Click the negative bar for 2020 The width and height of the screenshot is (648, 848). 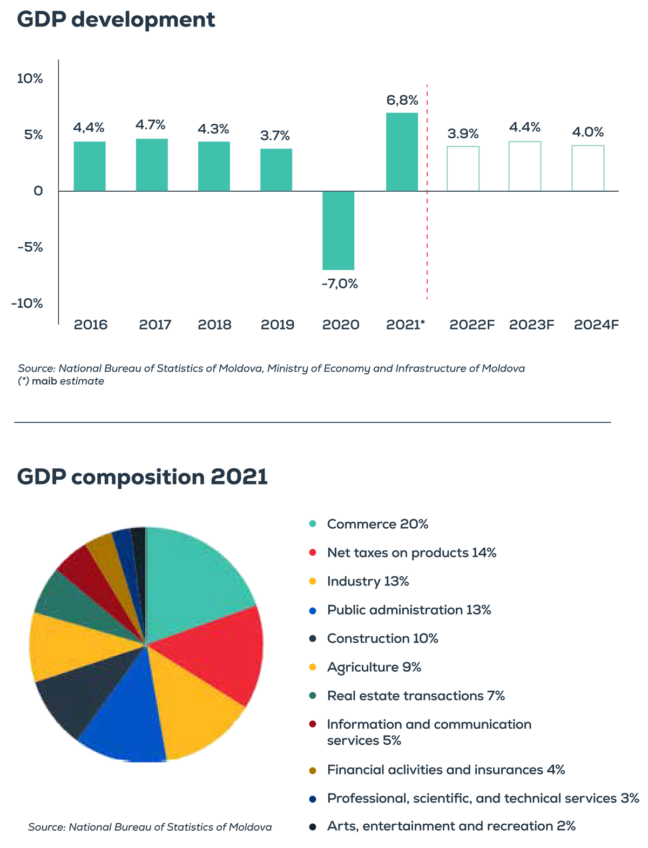(x=338, y=230)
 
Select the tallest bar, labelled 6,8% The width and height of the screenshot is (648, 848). (x=402, y=152)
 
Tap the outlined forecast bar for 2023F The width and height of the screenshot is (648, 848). (x=524, y=166)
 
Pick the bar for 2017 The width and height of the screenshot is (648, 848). (x=152, y=165)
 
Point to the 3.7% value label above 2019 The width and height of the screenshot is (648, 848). (x=274, y=136)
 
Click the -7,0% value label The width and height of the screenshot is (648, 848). (x=340, y=284)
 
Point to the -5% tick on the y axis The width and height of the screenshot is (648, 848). (x=30, y=247)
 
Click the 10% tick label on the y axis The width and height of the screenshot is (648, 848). (x=30, y=78)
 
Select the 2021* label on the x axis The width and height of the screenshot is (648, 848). (x=405, y=325)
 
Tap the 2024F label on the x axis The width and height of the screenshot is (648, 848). (x=596, y=325)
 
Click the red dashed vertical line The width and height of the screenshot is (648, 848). (x=427, y=192)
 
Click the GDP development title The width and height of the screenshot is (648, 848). (x=116, y=20)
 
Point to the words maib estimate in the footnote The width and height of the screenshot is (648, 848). (x=68, y=381)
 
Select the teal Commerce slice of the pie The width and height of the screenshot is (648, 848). (x=193, y=580)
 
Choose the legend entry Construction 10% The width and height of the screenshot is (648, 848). (x=382, y=638)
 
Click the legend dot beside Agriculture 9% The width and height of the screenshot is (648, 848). (x=313, y=667)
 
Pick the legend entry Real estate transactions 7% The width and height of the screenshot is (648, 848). (x=416, y=695)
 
